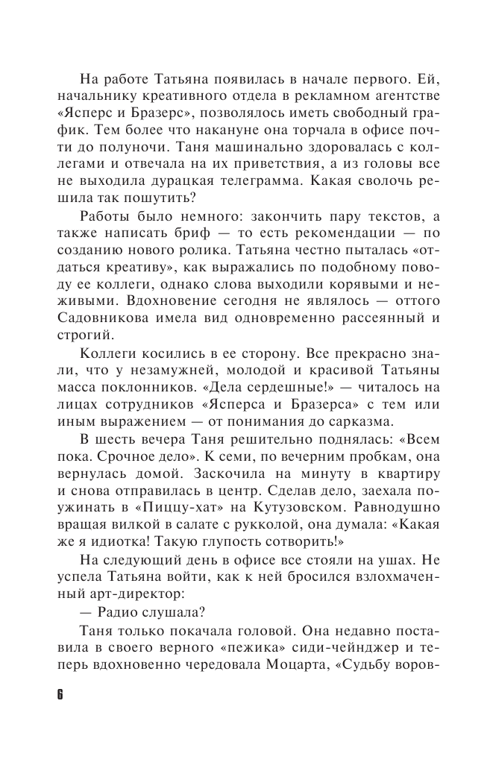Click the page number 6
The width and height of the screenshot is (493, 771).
[60, 694]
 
